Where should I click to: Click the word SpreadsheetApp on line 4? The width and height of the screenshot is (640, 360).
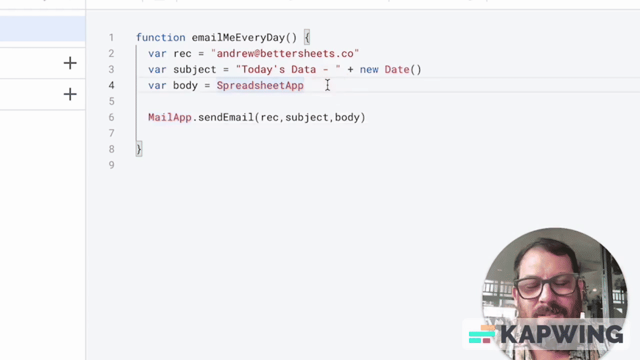pyautogui.click(x=260, y=85)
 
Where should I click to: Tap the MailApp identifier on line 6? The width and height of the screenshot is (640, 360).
pyautogui.click(x=169, y=117)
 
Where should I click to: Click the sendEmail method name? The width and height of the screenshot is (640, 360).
pyautogui.click(x=226, y=117)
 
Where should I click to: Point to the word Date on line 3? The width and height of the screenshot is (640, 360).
pyautogui.click(x=397, y=69)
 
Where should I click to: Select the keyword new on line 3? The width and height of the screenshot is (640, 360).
pyautogui.click(x=369, y=69)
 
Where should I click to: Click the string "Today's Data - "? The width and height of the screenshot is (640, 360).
pyautogui.click(x=288, y=69)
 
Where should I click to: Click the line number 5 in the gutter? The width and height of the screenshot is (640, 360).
pyautogui.click(x=111, y=101)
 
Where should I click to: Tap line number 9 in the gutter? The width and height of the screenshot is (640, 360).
pyautogui.click(x=111, y=165)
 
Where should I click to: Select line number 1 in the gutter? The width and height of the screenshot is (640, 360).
pyautogui.click(x=111, y=37)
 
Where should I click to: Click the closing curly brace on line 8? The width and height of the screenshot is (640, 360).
pyautogui.click(x=139, y=149)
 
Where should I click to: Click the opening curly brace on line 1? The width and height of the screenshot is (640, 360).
pyautogui.click(x=307, y=37)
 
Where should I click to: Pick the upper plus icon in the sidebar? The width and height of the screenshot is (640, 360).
pyautogui.click(x=70, y=63)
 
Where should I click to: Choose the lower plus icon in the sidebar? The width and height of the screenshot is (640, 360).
pyautogui.click(x=70, y=94)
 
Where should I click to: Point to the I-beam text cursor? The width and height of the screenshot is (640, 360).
pyautogui.click(x=327, y=85)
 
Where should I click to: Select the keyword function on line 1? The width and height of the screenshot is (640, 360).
pyautogui.click(x=160, y=37)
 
